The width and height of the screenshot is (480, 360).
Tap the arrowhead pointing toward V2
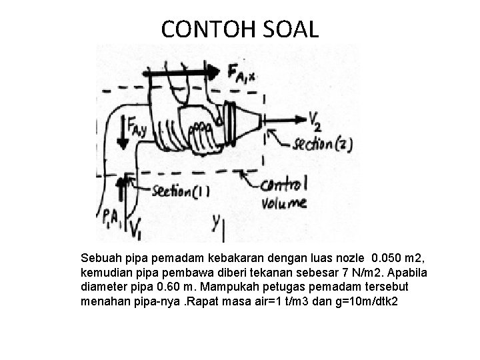click(302, 120)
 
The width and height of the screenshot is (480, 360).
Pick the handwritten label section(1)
click(179, 191)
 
